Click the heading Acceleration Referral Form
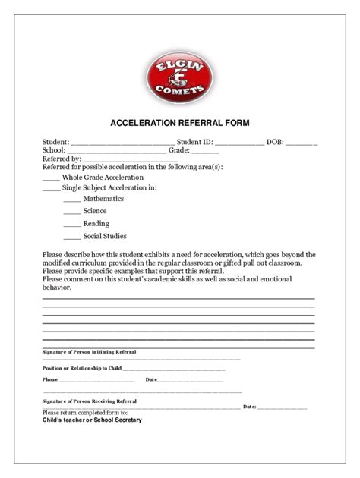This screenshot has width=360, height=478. click(180, 122)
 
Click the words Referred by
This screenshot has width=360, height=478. click(62, 159)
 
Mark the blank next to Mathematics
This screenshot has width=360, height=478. click(71, 200)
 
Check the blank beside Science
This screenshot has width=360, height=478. click(71, 212)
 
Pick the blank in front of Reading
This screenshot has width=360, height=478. click(71, 225)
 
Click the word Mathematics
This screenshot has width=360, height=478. click(103, 199)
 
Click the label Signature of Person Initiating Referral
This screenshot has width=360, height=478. click(90, 353)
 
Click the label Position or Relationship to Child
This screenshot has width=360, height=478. click(82, 367)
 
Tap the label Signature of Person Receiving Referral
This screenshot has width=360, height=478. click(90, 400)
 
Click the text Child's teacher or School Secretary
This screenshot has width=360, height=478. click(92, 420)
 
